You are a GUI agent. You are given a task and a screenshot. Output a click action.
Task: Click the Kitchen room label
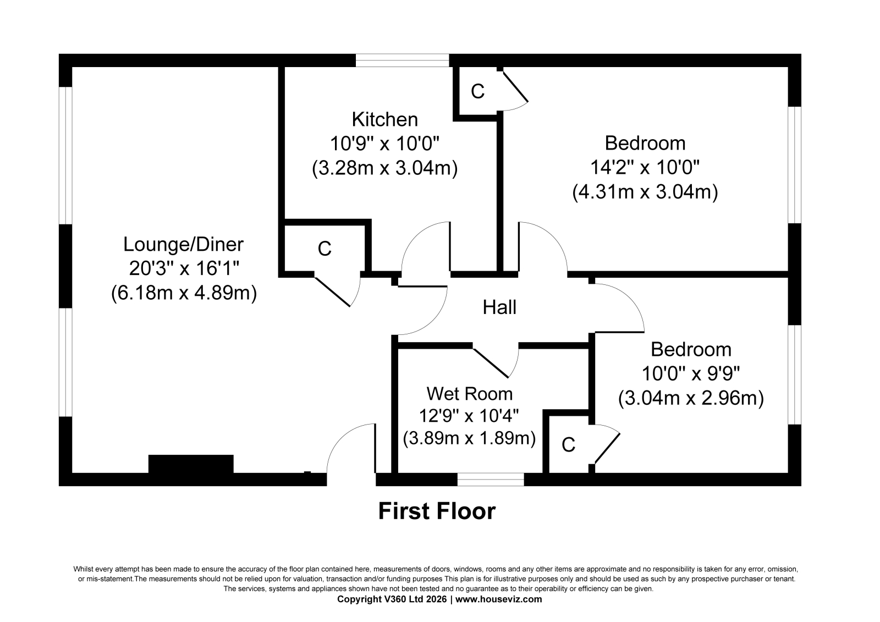pos(384,119)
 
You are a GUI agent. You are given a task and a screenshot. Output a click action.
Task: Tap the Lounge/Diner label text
pos(184,244)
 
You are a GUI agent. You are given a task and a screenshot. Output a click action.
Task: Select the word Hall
pos(499,307)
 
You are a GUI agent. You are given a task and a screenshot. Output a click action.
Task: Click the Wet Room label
pos(470,394)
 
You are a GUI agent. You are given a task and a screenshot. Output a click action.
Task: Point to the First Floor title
pos(437,511)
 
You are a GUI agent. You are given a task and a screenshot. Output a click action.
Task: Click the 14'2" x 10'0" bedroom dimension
pos(645,168)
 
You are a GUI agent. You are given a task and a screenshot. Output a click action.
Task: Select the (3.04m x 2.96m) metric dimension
pos(691,398)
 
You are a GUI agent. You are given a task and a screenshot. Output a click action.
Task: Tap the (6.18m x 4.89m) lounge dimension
pos(184,293)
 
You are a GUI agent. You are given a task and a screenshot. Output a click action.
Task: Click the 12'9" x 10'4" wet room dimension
pos(469,416)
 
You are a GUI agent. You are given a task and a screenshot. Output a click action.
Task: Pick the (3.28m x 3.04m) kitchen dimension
pos(384,168)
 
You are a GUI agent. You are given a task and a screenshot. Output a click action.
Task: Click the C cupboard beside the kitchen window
pos(478,91)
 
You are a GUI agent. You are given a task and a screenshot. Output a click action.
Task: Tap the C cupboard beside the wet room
pos(569,445)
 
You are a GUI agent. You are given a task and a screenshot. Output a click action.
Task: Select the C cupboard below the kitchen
pos(324,249)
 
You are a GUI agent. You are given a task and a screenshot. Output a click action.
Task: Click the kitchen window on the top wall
pos(402,60)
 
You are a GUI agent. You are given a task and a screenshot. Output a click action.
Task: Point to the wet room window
pos(491,480)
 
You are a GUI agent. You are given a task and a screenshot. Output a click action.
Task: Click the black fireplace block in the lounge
pos(191,464)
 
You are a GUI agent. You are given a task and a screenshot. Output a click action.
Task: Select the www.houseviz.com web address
pos(498,599)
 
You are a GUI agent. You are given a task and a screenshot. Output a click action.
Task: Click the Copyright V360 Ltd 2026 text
pos(392,599)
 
